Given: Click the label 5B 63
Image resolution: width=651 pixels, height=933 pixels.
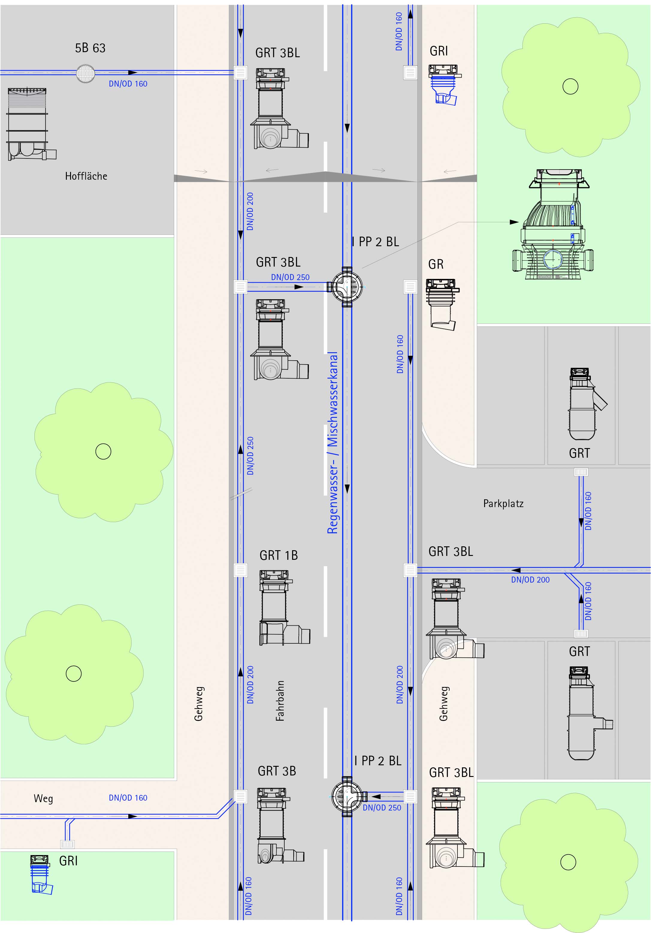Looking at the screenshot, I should coord(90,48).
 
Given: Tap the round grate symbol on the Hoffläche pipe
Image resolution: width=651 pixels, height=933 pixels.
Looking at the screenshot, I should coord(85,73).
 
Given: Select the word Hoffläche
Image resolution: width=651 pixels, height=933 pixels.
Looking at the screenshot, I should coord(86,176).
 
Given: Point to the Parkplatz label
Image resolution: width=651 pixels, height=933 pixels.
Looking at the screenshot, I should coord(503,503).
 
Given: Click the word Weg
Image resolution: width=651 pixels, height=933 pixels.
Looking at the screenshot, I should coord(43,799).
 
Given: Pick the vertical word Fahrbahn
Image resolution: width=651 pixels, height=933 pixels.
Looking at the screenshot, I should coord(280,701).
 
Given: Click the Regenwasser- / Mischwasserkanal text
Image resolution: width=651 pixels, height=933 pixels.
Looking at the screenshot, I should coord(333,443).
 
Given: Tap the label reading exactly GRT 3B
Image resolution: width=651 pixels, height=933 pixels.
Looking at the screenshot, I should coord(277,771).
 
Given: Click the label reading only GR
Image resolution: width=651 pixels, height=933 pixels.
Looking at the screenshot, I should coord(436,264).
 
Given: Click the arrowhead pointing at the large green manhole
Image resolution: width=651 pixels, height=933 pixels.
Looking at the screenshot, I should coord(514,222).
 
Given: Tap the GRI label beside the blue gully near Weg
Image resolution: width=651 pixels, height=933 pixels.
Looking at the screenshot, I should coord(68,861).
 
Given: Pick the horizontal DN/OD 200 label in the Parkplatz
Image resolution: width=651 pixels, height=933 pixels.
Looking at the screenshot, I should coord(530,580).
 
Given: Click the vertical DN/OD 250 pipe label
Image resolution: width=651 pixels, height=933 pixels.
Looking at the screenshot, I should coord(250,456).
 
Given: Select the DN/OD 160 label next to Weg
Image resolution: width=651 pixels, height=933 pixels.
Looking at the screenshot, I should coord(128,798).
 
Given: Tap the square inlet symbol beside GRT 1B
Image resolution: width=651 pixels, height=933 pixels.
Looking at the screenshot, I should coord(241,570).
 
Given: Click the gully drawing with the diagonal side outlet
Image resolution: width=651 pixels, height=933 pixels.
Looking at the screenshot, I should coord(585,404).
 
